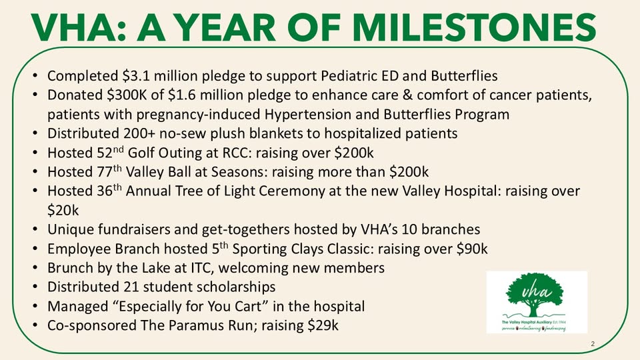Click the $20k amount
(x=63, y=210)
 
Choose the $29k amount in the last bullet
(x=323, y=326)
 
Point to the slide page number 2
(x=592, y=343)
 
